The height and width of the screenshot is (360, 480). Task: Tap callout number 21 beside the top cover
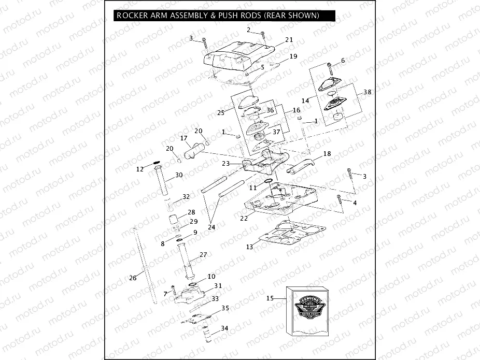289,39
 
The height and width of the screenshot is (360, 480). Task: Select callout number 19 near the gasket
293,56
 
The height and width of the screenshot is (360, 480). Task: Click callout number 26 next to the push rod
133,278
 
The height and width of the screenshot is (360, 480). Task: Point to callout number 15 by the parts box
270,298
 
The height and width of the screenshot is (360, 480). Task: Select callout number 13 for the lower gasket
250,247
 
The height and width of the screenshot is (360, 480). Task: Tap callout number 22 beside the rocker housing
244,219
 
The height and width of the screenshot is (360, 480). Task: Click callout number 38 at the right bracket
367,92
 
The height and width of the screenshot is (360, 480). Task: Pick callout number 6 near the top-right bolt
343,61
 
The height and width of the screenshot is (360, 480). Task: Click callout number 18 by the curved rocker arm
327,154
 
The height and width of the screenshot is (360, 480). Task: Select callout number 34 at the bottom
224,328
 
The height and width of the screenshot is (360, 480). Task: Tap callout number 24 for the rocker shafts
211,227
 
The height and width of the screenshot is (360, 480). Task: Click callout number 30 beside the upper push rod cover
178,175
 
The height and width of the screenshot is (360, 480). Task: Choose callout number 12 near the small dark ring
140,169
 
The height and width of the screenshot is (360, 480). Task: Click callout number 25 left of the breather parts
220,112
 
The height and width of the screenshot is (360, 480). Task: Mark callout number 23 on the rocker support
225,163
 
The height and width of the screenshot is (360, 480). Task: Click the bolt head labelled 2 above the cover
263,35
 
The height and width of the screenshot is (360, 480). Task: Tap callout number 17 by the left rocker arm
183,138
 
